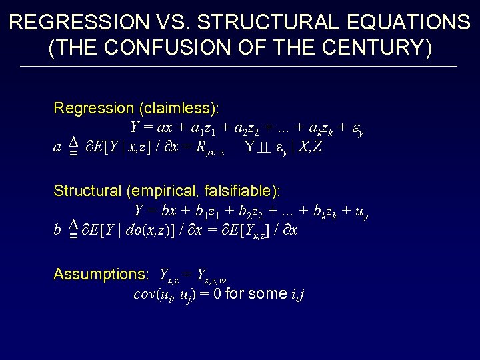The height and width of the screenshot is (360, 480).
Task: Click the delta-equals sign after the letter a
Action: (x=74, y=148)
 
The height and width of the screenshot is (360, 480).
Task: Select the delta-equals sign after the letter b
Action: (x=74, y=231)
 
